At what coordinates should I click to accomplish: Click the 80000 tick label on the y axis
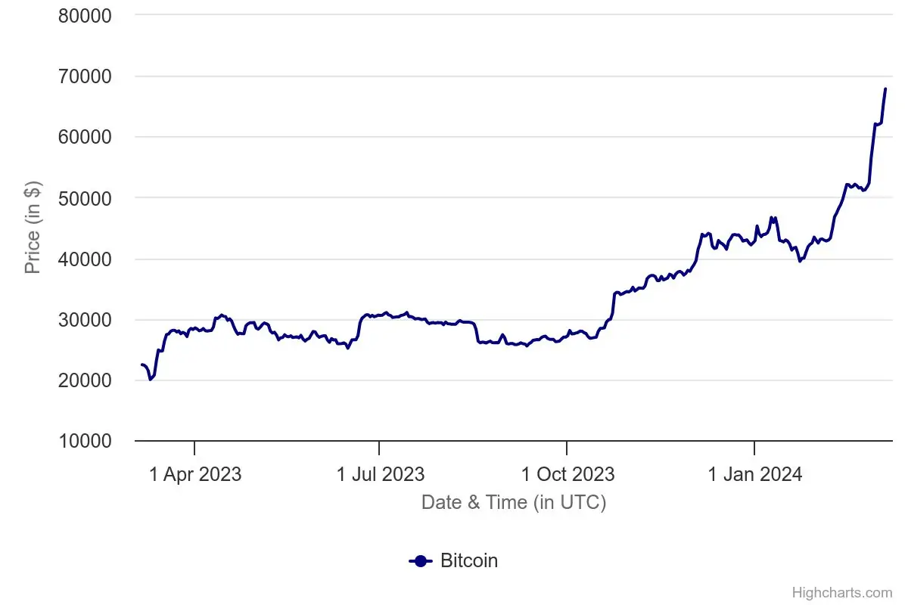(x=85, y=15)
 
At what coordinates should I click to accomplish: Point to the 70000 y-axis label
(x=85, y=76)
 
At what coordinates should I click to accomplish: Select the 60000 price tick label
(x=85, y=137)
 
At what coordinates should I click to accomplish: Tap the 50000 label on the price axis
(x=85, y=197)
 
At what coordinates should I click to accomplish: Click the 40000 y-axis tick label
(x=85, y=259)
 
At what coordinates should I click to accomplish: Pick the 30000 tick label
(x=85, y=319)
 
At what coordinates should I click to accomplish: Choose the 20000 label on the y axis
(x=85, y=380)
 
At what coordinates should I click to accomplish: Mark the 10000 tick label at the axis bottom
(x=85, y=441)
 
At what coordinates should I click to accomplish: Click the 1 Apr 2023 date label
(x=195, y=474)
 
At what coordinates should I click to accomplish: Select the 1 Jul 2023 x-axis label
(x=380, y=474)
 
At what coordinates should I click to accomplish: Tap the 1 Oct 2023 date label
(x=567, y=474)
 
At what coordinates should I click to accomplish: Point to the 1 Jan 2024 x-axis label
(x=754, y=474)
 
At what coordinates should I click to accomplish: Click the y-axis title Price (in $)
(x=33, y=228)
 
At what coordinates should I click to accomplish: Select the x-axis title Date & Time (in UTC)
(x=513, y=502)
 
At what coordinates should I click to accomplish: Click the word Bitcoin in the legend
(x=468, y=560)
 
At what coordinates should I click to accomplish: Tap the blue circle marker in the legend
(x=421, y=560)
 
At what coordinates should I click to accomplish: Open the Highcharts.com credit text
(x=841, y=592)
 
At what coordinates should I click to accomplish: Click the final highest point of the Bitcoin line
(x=885, y=88)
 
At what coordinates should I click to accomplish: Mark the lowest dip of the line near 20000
(x=150, y=379)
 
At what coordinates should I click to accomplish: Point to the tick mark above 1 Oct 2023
(x=567, y=448)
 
